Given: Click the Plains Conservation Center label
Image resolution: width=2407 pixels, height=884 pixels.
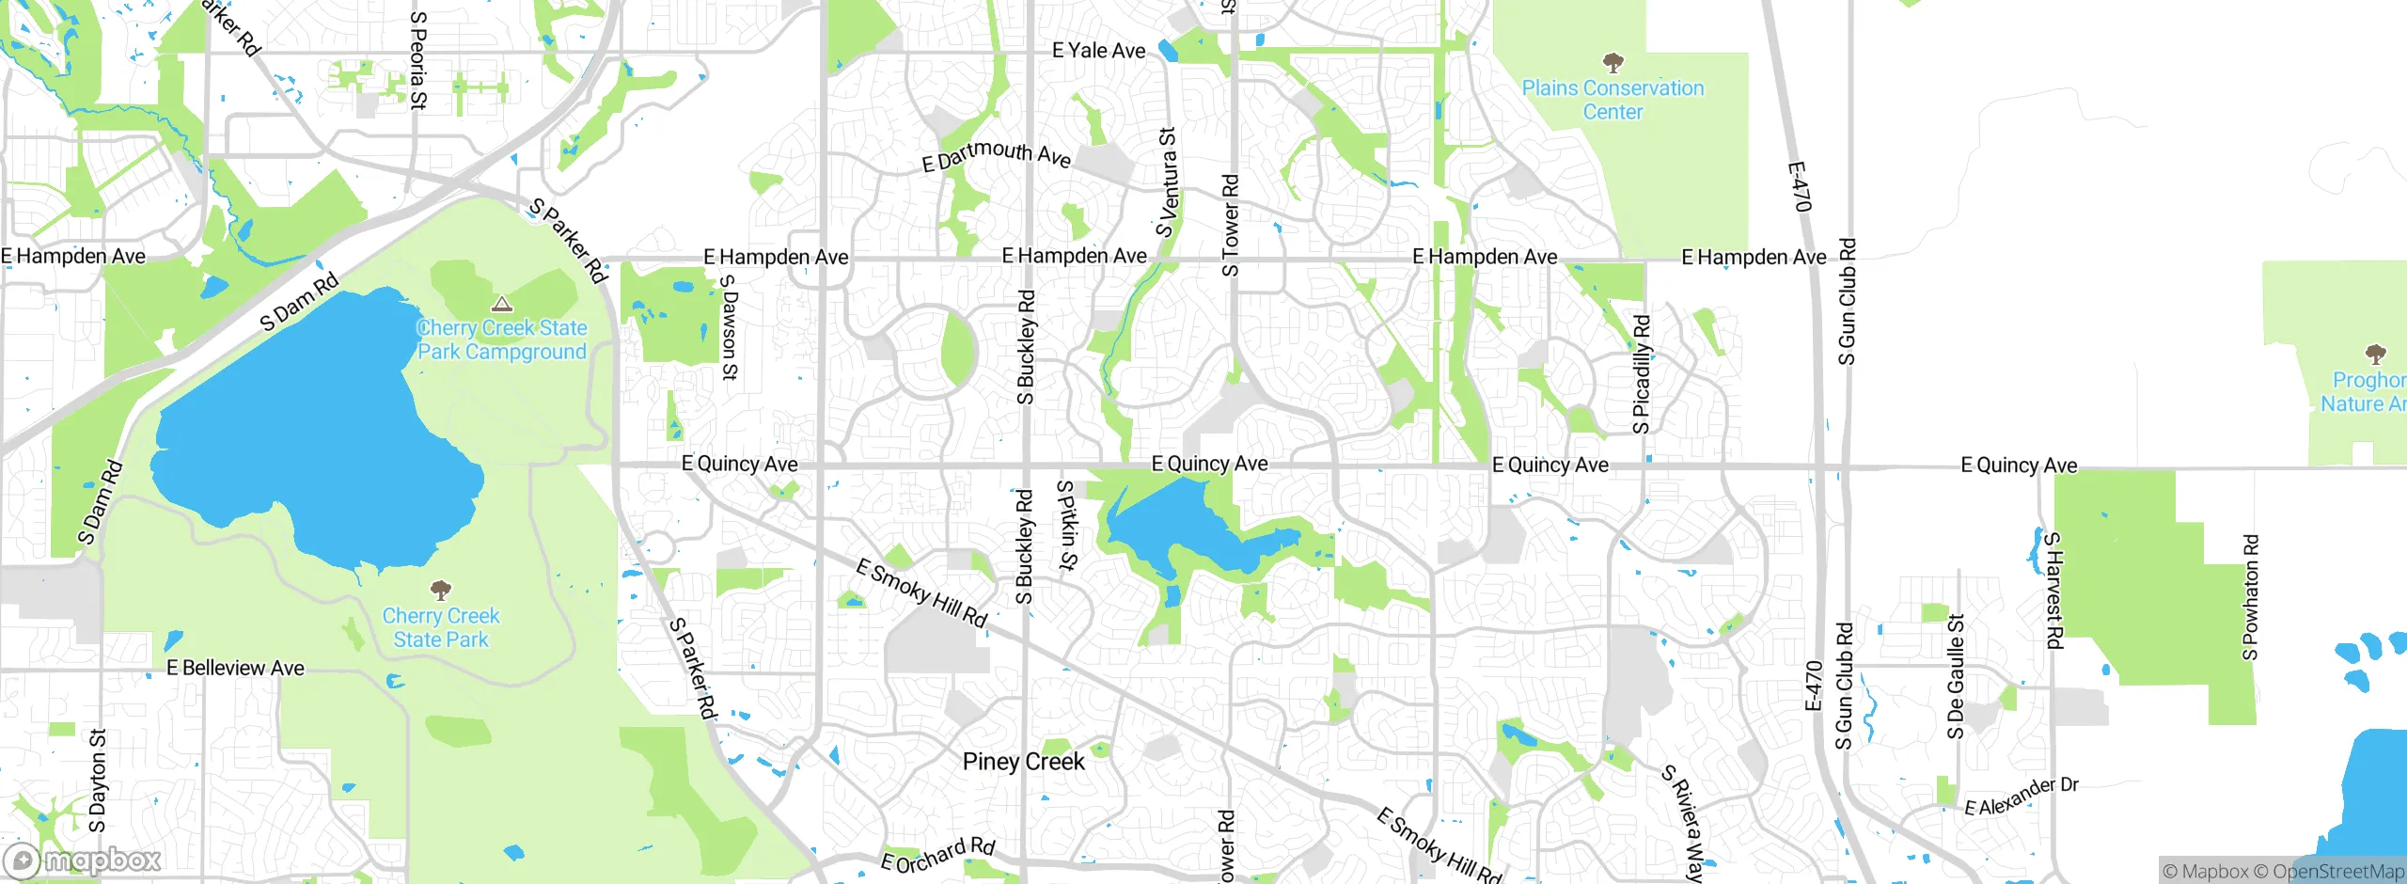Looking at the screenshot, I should coord(1613,100).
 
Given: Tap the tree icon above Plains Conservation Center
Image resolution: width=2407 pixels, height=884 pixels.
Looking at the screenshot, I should coord(1613,63).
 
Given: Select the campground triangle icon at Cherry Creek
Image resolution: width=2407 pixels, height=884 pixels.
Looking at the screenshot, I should coord(502,304).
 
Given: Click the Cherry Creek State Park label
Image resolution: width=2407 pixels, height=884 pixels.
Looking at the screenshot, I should coord(441,627).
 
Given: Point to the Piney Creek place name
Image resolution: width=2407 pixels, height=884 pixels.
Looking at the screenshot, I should coord(1023,762).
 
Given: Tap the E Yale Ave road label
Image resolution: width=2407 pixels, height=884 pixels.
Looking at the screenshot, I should coord(1098,51).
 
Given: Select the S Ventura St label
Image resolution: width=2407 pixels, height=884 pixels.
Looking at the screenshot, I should coord(1167,183).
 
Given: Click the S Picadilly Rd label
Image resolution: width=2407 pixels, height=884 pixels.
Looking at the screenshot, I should coord(1642,374).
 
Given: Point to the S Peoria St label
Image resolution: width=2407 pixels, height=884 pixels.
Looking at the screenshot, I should coord(418,61).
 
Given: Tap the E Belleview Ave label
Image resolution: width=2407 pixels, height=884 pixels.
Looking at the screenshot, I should coord(235,669).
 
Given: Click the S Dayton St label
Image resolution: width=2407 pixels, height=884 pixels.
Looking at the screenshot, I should coord(98,781).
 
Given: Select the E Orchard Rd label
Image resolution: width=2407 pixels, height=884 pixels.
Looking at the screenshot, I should coord(937,855).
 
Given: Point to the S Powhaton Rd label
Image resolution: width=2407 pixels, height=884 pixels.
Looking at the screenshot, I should coord(2250,598).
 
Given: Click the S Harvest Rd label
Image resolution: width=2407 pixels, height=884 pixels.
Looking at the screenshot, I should coord(2054,591).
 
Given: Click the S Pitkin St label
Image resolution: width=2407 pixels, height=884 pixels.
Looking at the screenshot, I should coord(1066,526).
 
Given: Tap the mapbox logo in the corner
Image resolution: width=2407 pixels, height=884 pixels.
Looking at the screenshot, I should coord(83,860).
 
